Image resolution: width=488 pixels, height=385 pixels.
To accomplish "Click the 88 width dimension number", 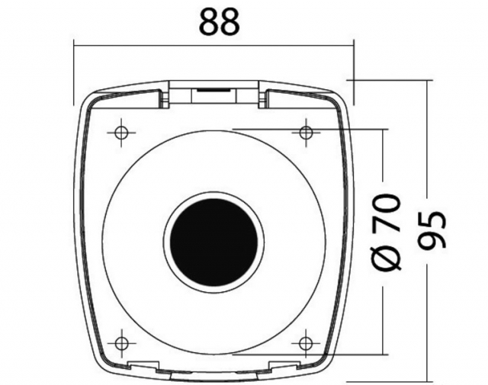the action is (x=220, y=21).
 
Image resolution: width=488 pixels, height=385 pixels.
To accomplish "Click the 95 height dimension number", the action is (x=432, y=230).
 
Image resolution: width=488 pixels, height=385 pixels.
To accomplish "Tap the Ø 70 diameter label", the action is (x=385, y=232).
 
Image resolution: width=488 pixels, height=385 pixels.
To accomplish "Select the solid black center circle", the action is (x=213, y=242).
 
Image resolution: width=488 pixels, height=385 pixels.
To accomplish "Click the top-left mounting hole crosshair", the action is (x=121, y=133).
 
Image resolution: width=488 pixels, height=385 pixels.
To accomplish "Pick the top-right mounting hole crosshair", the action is (x=306, y=133).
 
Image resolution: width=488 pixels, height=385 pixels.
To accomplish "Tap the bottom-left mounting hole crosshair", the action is (x=121, y=344).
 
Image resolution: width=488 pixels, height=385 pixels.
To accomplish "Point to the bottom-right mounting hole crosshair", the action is (x=306, y=344).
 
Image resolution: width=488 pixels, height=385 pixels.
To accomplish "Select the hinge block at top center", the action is (x=213, y=95).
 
